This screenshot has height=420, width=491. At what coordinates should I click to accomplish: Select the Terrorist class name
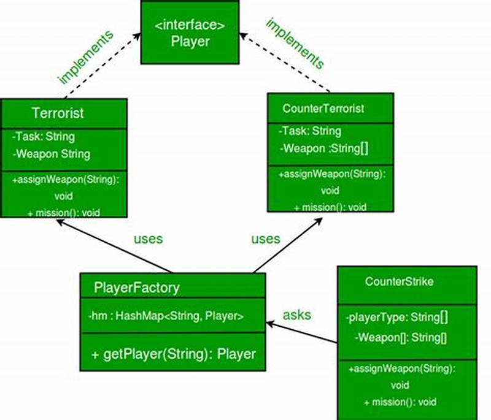[58, 113]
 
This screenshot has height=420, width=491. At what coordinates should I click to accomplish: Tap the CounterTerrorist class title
[323, 109]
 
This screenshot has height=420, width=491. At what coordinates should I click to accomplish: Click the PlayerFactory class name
[137, 287]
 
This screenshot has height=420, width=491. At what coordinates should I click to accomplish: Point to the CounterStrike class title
[399, 282]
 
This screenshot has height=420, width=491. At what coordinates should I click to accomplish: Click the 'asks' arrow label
[296, 315]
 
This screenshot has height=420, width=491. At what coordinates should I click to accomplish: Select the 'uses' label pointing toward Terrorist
[149, 239]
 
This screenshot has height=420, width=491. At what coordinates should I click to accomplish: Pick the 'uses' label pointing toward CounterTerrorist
[265, 239]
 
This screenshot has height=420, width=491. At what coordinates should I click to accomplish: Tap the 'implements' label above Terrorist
[85, 56]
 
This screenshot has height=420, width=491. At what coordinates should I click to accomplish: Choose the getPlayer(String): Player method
[173, 354]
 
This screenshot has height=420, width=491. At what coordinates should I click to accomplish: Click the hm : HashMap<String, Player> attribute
[166, 316]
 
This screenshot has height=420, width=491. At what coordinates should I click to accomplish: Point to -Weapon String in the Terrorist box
[52, 154]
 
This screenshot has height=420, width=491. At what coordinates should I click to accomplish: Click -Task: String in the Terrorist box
[44, 137]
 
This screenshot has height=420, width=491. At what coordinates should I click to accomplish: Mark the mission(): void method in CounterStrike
[400, 402]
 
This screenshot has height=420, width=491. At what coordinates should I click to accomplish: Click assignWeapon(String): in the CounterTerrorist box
[332, 175]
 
